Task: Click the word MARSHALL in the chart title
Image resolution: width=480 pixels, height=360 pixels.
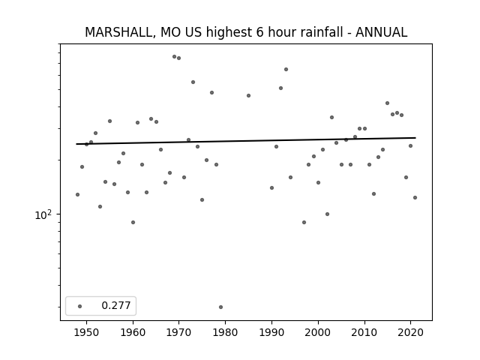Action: [x=118, y=32]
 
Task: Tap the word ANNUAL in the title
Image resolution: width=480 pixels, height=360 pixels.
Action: [x=381, y=32]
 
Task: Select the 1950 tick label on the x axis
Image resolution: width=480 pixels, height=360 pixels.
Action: [x=87, y=332]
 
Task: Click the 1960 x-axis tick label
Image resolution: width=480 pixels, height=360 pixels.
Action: [x=133, y=332]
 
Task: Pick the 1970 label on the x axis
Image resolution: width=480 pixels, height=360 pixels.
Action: [x=179, y=332]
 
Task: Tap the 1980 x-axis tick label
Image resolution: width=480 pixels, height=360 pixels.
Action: [x=225, y=332]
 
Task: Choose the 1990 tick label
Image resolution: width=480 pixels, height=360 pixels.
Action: [x=271, y=332]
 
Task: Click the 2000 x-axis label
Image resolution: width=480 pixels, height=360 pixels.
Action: [x=318, y=332]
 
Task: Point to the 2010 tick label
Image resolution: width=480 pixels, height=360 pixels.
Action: [x=364, y=332]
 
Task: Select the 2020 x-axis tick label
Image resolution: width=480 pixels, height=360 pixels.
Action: [x=410, y=332]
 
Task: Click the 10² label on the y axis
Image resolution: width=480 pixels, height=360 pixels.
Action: [x=43, y=215]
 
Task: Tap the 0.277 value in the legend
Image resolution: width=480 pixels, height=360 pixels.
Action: [x=116, y=305]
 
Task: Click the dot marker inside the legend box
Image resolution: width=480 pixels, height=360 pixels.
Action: [x=80, y=306]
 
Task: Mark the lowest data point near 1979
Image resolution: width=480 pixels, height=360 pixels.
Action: [x=220, y=307]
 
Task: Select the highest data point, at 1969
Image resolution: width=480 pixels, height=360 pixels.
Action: [x=174, y=57]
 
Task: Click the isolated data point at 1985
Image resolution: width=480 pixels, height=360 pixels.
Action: [x=248, y=95]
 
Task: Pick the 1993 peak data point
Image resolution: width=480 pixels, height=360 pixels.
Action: [x=286, y=70]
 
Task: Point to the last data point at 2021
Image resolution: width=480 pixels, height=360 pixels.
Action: [x=415, y=198]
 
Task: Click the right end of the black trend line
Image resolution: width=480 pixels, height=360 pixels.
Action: [x=415, y=138]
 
